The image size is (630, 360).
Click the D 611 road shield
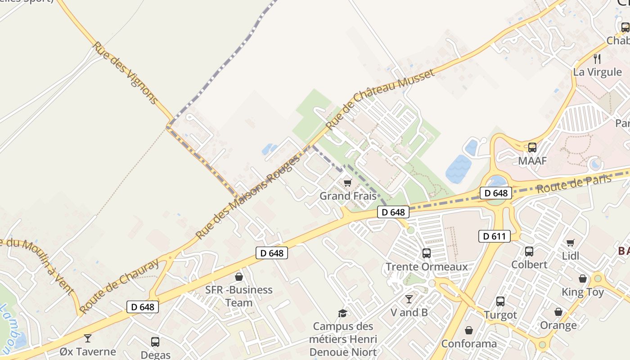point(494,236)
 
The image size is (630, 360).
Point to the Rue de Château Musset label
point(380,99)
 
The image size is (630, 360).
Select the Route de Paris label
point(574,183)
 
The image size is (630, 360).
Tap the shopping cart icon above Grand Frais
point(347,183)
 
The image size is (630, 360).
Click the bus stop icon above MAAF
point(532,147)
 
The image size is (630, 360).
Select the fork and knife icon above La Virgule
point(597,58)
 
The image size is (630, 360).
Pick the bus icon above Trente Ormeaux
point(426,253)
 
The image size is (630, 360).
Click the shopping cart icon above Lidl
point(571,243)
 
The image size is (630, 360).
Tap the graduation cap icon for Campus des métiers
point(343,313)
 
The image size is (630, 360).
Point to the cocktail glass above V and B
point(409,299)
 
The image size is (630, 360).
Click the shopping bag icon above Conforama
point(469,331)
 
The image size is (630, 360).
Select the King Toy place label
point(582,292)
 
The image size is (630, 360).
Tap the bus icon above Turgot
point(500,301)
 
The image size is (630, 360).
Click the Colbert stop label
point(529,265)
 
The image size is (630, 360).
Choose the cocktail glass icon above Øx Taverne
point(87,338)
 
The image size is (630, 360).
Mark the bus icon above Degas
point(155,342)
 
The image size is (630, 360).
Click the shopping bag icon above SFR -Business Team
point(239,277)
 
